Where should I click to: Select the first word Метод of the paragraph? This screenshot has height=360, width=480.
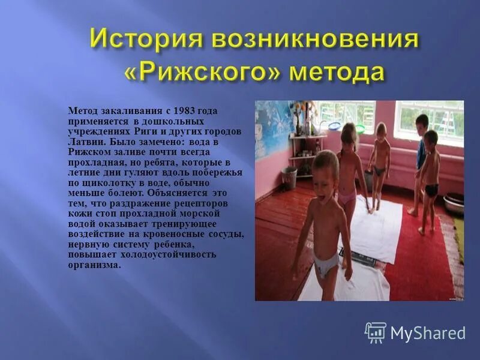coord(81,111)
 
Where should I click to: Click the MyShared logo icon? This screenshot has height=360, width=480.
coord(376,332)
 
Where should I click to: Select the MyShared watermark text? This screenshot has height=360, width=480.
coord(428,333)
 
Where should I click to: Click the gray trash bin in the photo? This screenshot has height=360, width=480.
coord(289,178)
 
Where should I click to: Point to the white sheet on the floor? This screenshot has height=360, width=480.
coord(372,225)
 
